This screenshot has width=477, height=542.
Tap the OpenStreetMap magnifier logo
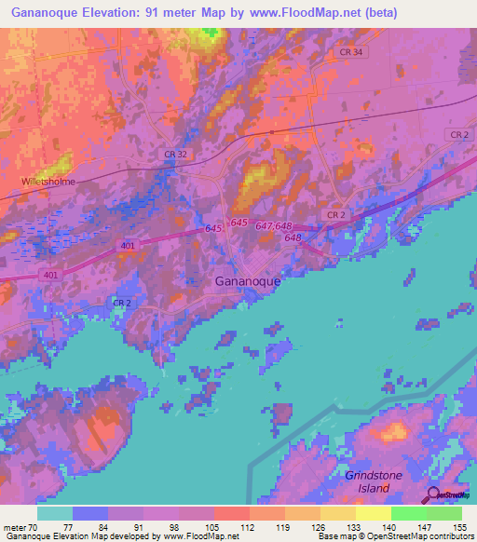(431, 495)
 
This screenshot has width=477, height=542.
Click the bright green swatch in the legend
(409, 513)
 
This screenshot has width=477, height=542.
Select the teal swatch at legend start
(55, 513)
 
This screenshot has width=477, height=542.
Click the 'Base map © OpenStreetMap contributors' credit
(395, 536)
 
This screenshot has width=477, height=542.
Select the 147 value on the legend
(426, 526)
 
